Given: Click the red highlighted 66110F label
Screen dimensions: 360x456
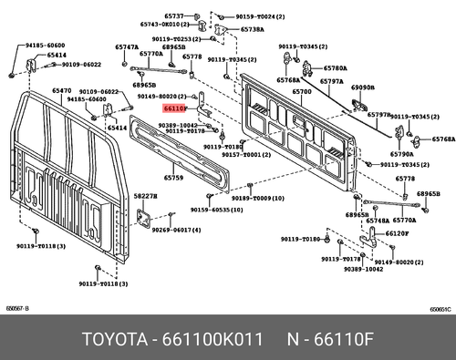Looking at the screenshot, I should (x=175, y=107).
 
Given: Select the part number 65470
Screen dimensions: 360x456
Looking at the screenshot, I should (x=62, y=91).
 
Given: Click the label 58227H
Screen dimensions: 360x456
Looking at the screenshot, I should (x=145, y=196).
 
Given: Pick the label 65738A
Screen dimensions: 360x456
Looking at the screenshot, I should (x=252, y=29).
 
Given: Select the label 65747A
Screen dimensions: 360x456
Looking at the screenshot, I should (x=127, y=46).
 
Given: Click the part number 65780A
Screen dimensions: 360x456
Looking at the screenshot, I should (x=335, y=68).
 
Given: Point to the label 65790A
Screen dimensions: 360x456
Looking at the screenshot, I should (x=402, y=155).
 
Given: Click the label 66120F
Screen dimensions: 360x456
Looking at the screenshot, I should (x=398, y=233).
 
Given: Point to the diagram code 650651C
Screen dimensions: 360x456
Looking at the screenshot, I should (x=442, y=309).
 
